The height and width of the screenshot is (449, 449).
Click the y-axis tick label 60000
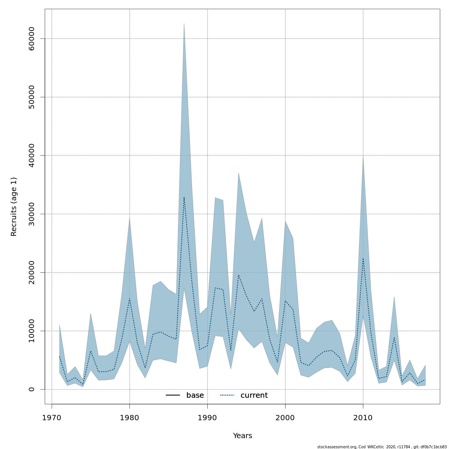tap(31, 39)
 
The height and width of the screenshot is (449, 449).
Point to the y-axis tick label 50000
tap(31, 97)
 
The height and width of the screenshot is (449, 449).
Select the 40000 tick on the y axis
tap(31, 156)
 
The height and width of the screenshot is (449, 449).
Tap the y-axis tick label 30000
tap(31, 214)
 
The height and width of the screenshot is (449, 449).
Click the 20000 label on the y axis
tap(31, 272)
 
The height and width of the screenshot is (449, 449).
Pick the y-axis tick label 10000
tap(31, 331)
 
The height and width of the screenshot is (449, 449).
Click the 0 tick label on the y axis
tap(31, 389)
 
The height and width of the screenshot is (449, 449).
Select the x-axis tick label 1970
tap(52, 418)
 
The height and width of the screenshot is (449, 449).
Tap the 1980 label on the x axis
tap(129, 418)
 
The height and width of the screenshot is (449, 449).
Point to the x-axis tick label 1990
tap(207, 418)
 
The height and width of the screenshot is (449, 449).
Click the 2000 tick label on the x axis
tap(285, 418)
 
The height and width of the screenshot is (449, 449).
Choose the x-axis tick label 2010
tap(363, 418)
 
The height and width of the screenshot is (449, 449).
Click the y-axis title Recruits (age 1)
tap(14, 207)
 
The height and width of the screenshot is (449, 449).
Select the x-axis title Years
tap(242, 436)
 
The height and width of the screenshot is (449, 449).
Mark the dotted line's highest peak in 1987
tap(184, 197)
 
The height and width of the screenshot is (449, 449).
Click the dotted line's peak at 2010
tap(363, 258)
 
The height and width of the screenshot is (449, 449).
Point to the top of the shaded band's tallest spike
tap(184, 24)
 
